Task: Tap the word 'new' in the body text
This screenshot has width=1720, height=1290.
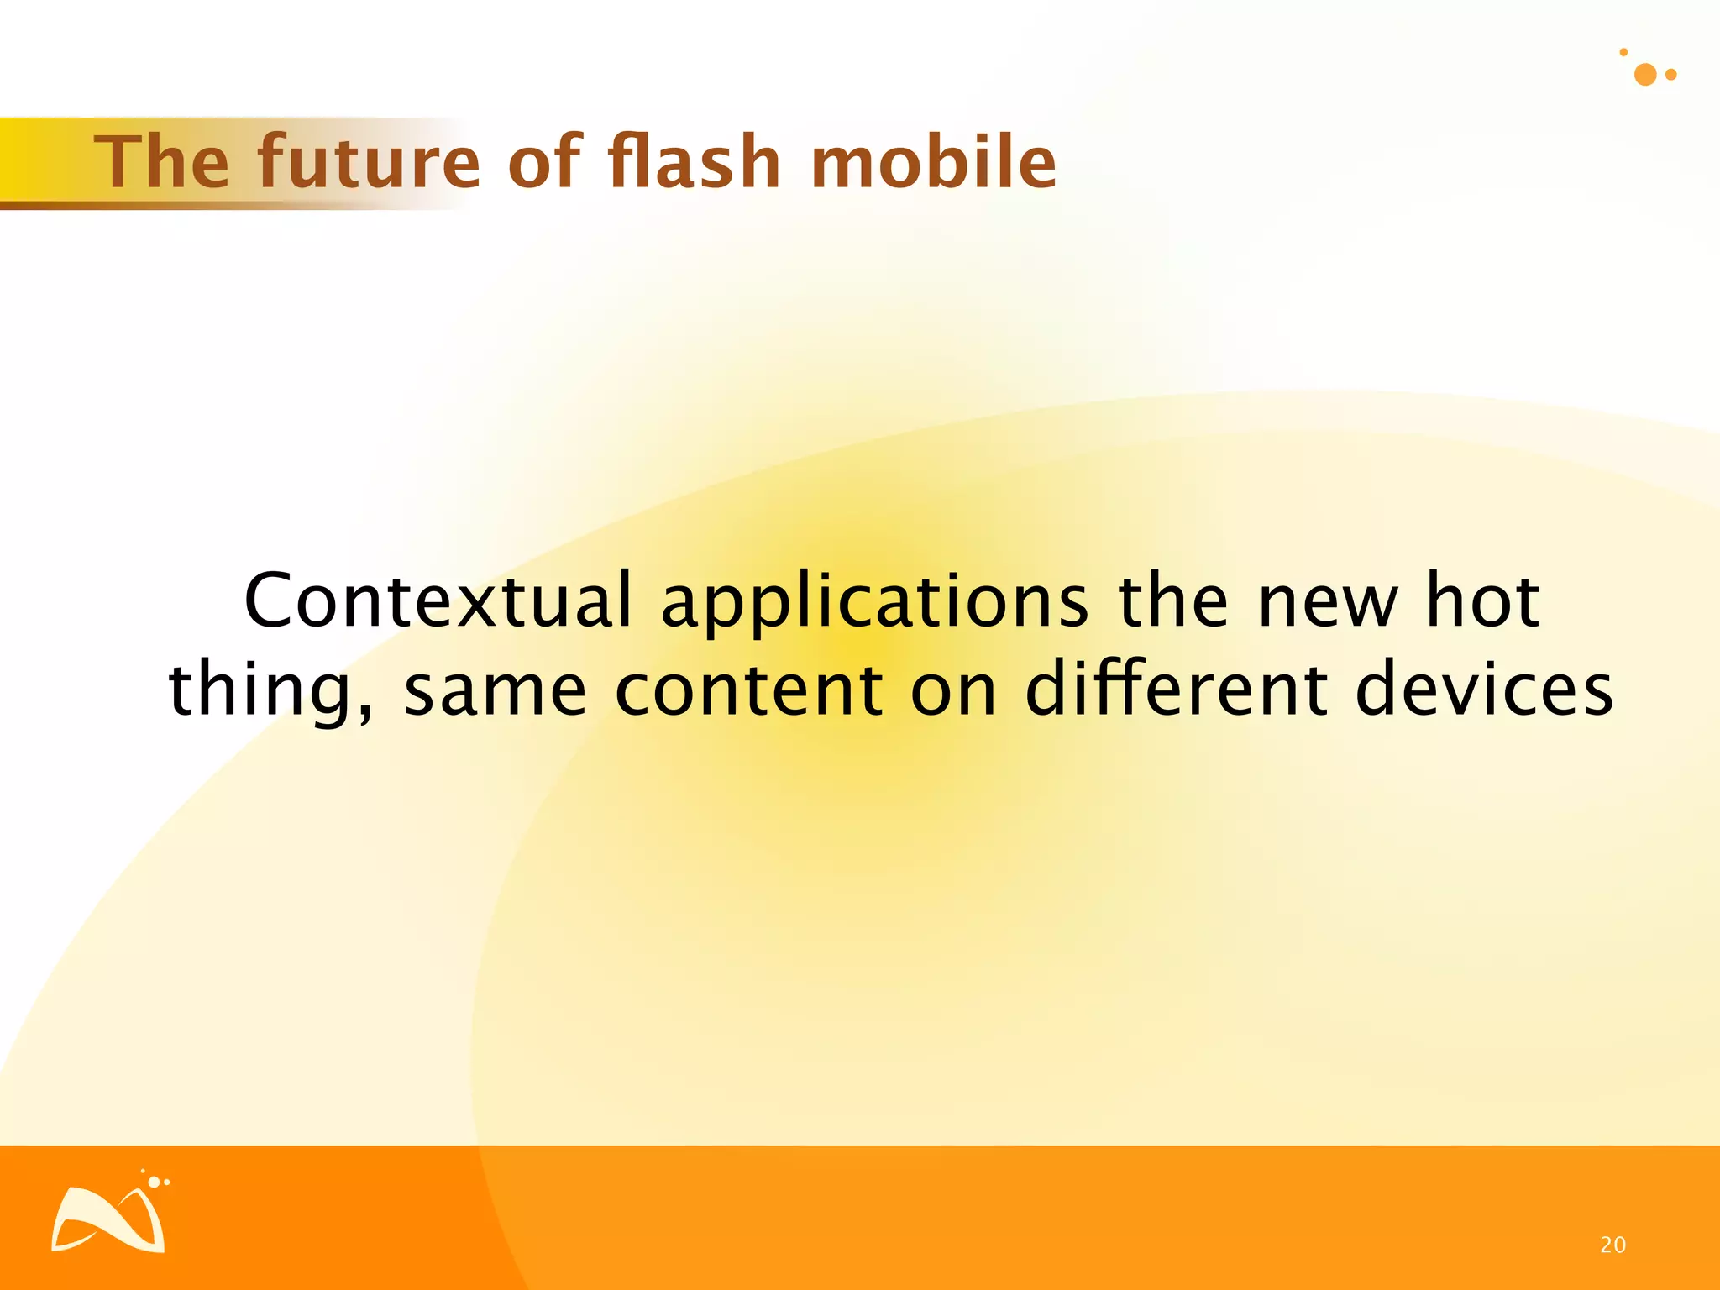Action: pos(1327,601)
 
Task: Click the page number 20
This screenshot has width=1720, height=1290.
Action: pos(1612,1245)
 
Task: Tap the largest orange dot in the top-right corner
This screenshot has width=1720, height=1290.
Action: pos(1645,75)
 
